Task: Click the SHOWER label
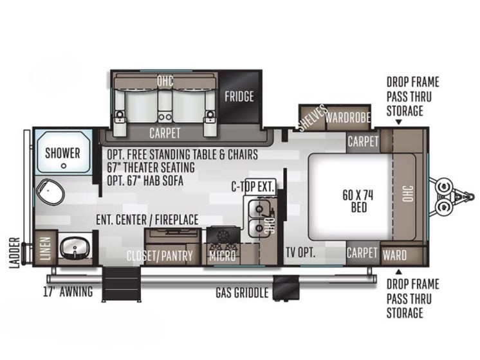coord(62,153)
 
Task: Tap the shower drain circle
coord(64,166)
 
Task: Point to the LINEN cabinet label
coord(45,248)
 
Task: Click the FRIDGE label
coord(239,96)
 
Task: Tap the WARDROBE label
coord(347,117)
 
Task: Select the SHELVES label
coord(312,118)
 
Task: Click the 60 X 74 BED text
coord(358,201)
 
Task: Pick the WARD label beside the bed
coord(394,255)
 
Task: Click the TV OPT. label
coord(300,253)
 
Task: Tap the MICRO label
coord(223,256)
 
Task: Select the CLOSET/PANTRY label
coord(160,256)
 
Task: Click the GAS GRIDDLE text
coord(242,292)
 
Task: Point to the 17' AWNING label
coord(68,291)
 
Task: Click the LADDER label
coord(14,253)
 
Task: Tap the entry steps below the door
coord(121,284)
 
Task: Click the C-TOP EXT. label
coord(252,186)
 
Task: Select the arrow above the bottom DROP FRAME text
coord(398,272)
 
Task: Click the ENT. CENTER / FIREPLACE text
coord(147,220)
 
